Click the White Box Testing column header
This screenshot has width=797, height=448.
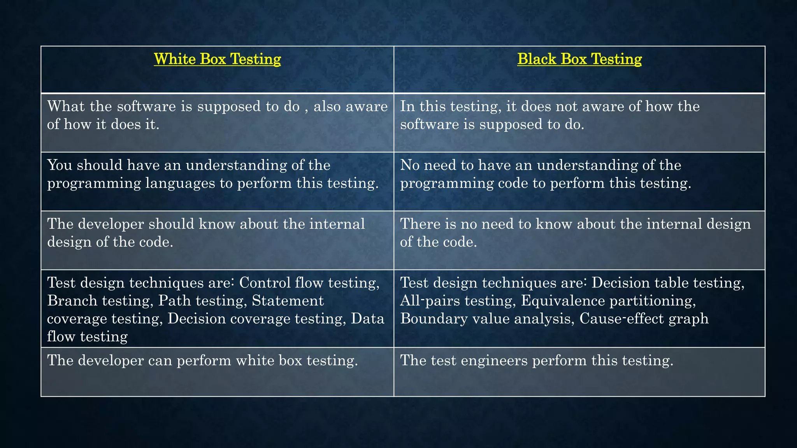pyautogui.click(x=217, y=59)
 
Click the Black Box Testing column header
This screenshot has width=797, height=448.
pyautogui.click(x=579, y=59)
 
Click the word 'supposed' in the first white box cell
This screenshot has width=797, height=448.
pyautogui.click(x=229, y=106)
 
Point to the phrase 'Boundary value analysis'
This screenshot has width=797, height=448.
pyautogui.click(x=486, y=318)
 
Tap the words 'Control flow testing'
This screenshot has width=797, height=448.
pyautogui.click(x=309, y=283)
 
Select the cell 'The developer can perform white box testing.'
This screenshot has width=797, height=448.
pyautogui.click(x=202, y=360)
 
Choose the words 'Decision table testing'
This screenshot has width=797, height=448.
pyautogui.click(x=667, y=283)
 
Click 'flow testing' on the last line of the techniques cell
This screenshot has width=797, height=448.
pyautogui.click(x=87, y=336)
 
